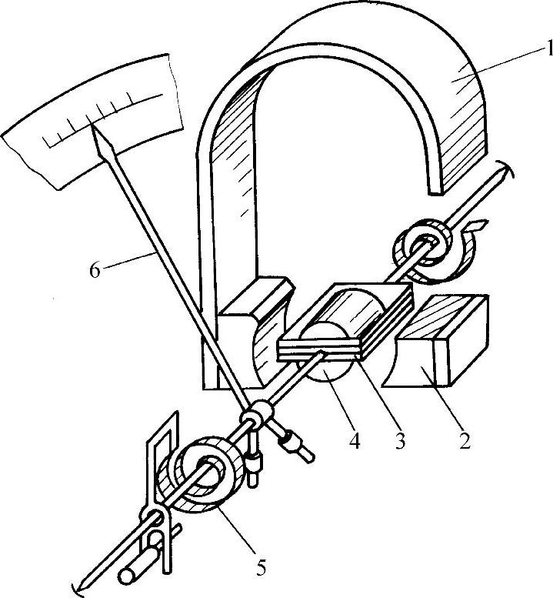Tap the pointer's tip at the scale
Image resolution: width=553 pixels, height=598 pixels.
point(95,130)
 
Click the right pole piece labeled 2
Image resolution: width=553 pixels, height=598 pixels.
point(442,339)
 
